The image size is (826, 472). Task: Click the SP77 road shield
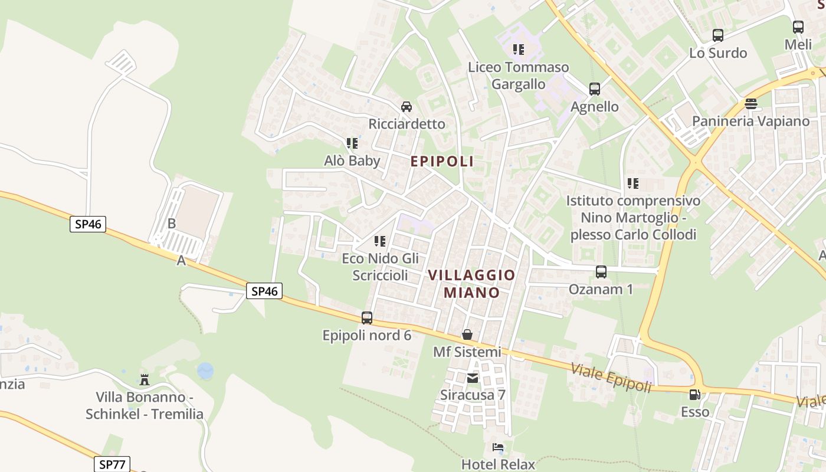click(112, 464)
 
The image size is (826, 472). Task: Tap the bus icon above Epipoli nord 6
click(367, 318)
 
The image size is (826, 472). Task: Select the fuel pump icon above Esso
click(695, 394)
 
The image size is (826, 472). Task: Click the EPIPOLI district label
click(442, 161)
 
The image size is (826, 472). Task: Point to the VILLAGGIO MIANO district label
click(471, 284)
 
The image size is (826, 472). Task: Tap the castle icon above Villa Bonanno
click(145, 379)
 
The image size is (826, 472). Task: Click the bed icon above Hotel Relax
click(498, 447)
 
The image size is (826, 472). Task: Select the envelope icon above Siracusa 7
click(473, 378)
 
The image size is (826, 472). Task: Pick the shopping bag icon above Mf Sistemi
click(467, 335)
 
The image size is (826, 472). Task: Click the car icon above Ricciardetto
click(407, 107)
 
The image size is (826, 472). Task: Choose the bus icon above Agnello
click(595, 89)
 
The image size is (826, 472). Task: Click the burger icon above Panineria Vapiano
click(750, 104)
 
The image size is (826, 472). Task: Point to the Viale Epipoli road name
click(611, 378)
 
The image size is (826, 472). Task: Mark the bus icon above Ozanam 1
click(601, 272)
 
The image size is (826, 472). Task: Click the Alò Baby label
click(352, 160)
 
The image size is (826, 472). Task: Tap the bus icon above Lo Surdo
click(718, 35)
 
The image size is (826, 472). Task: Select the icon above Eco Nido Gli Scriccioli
click(381, 241)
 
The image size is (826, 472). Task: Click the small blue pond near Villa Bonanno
click(205, 371)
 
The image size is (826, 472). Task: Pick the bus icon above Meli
click(798, 27)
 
